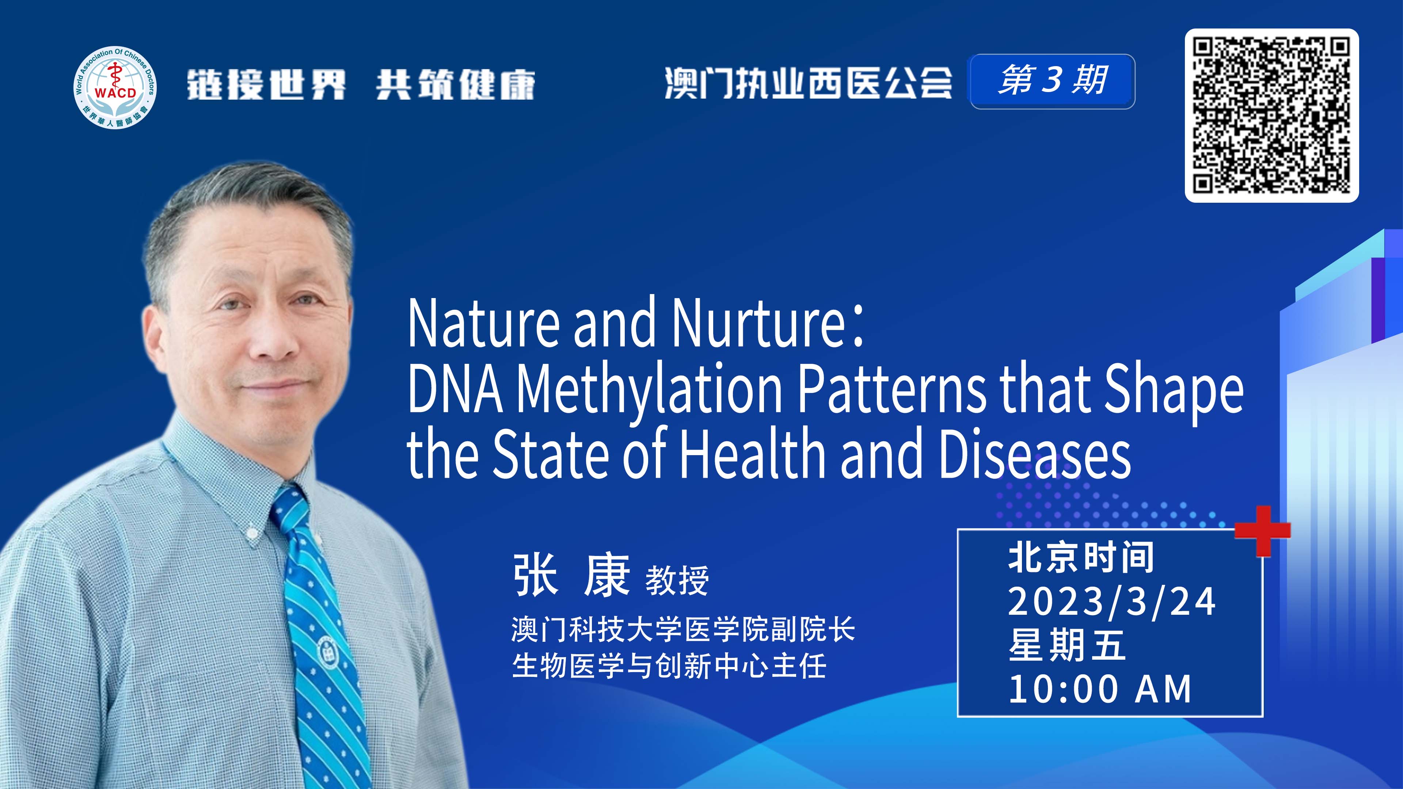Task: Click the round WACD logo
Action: tap(115, 88)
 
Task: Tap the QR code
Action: tap(1272, 115)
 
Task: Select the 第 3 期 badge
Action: tap(1052, 81)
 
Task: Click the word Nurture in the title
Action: tap(758, 323)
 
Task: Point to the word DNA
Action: tap(455, 388)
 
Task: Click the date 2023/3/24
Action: tap(1111, 602)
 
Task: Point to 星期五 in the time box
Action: tap(1067, 645)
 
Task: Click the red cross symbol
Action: tap(1262, 530)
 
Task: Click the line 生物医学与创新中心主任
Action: tap(669, 666)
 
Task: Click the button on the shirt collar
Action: tap(252, 532)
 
